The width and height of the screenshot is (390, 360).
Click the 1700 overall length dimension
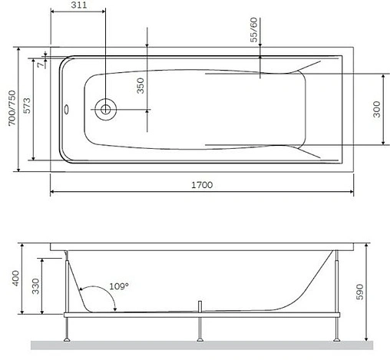201,185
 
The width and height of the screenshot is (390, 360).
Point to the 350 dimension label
140,84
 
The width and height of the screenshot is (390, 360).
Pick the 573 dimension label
28,110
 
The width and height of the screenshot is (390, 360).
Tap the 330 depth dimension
35,286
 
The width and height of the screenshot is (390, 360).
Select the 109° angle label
119,286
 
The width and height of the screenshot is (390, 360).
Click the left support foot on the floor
68,335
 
